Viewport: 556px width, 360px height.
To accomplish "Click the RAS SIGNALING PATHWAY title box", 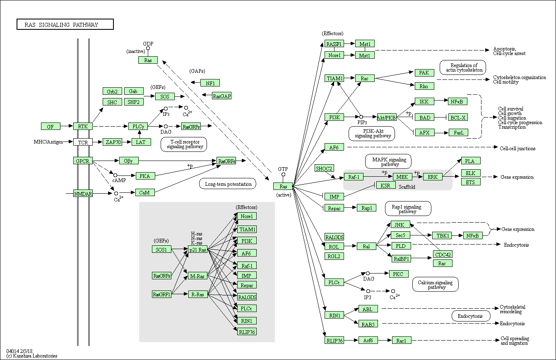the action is (65, 24).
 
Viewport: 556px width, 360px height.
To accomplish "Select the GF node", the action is (51, 126).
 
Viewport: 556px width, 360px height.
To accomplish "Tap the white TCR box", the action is (83, 142).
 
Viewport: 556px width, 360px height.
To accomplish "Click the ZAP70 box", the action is (112, 142).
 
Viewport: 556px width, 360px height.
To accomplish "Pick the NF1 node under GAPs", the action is (210, 83).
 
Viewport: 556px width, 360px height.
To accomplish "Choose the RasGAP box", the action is (221, 96).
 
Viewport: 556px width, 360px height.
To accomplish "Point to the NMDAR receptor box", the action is (83, 193).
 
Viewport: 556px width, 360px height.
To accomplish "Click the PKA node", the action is (145, 176).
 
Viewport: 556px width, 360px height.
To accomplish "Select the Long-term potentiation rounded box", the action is (228, 184).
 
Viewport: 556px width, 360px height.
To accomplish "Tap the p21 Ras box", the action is (197, 250).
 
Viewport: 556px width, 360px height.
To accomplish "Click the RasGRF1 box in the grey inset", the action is (161, 294).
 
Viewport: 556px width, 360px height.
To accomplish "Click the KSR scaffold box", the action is (386, 185).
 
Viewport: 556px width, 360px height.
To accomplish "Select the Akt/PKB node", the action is (387, 117).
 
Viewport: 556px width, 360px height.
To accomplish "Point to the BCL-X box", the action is (458, 117).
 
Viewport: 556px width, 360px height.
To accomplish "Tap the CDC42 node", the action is (443, 254).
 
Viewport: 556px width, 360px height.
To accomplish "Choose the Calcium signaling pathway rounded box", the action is (436, 284).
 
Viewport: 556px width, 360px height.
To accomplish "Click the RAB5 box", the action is (368, 324).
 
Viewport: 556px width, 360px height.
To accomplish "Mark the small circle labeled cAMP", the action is (115, 175).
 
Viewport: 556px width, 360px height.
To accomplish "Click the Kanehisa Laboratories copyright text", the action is (32, 356).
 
